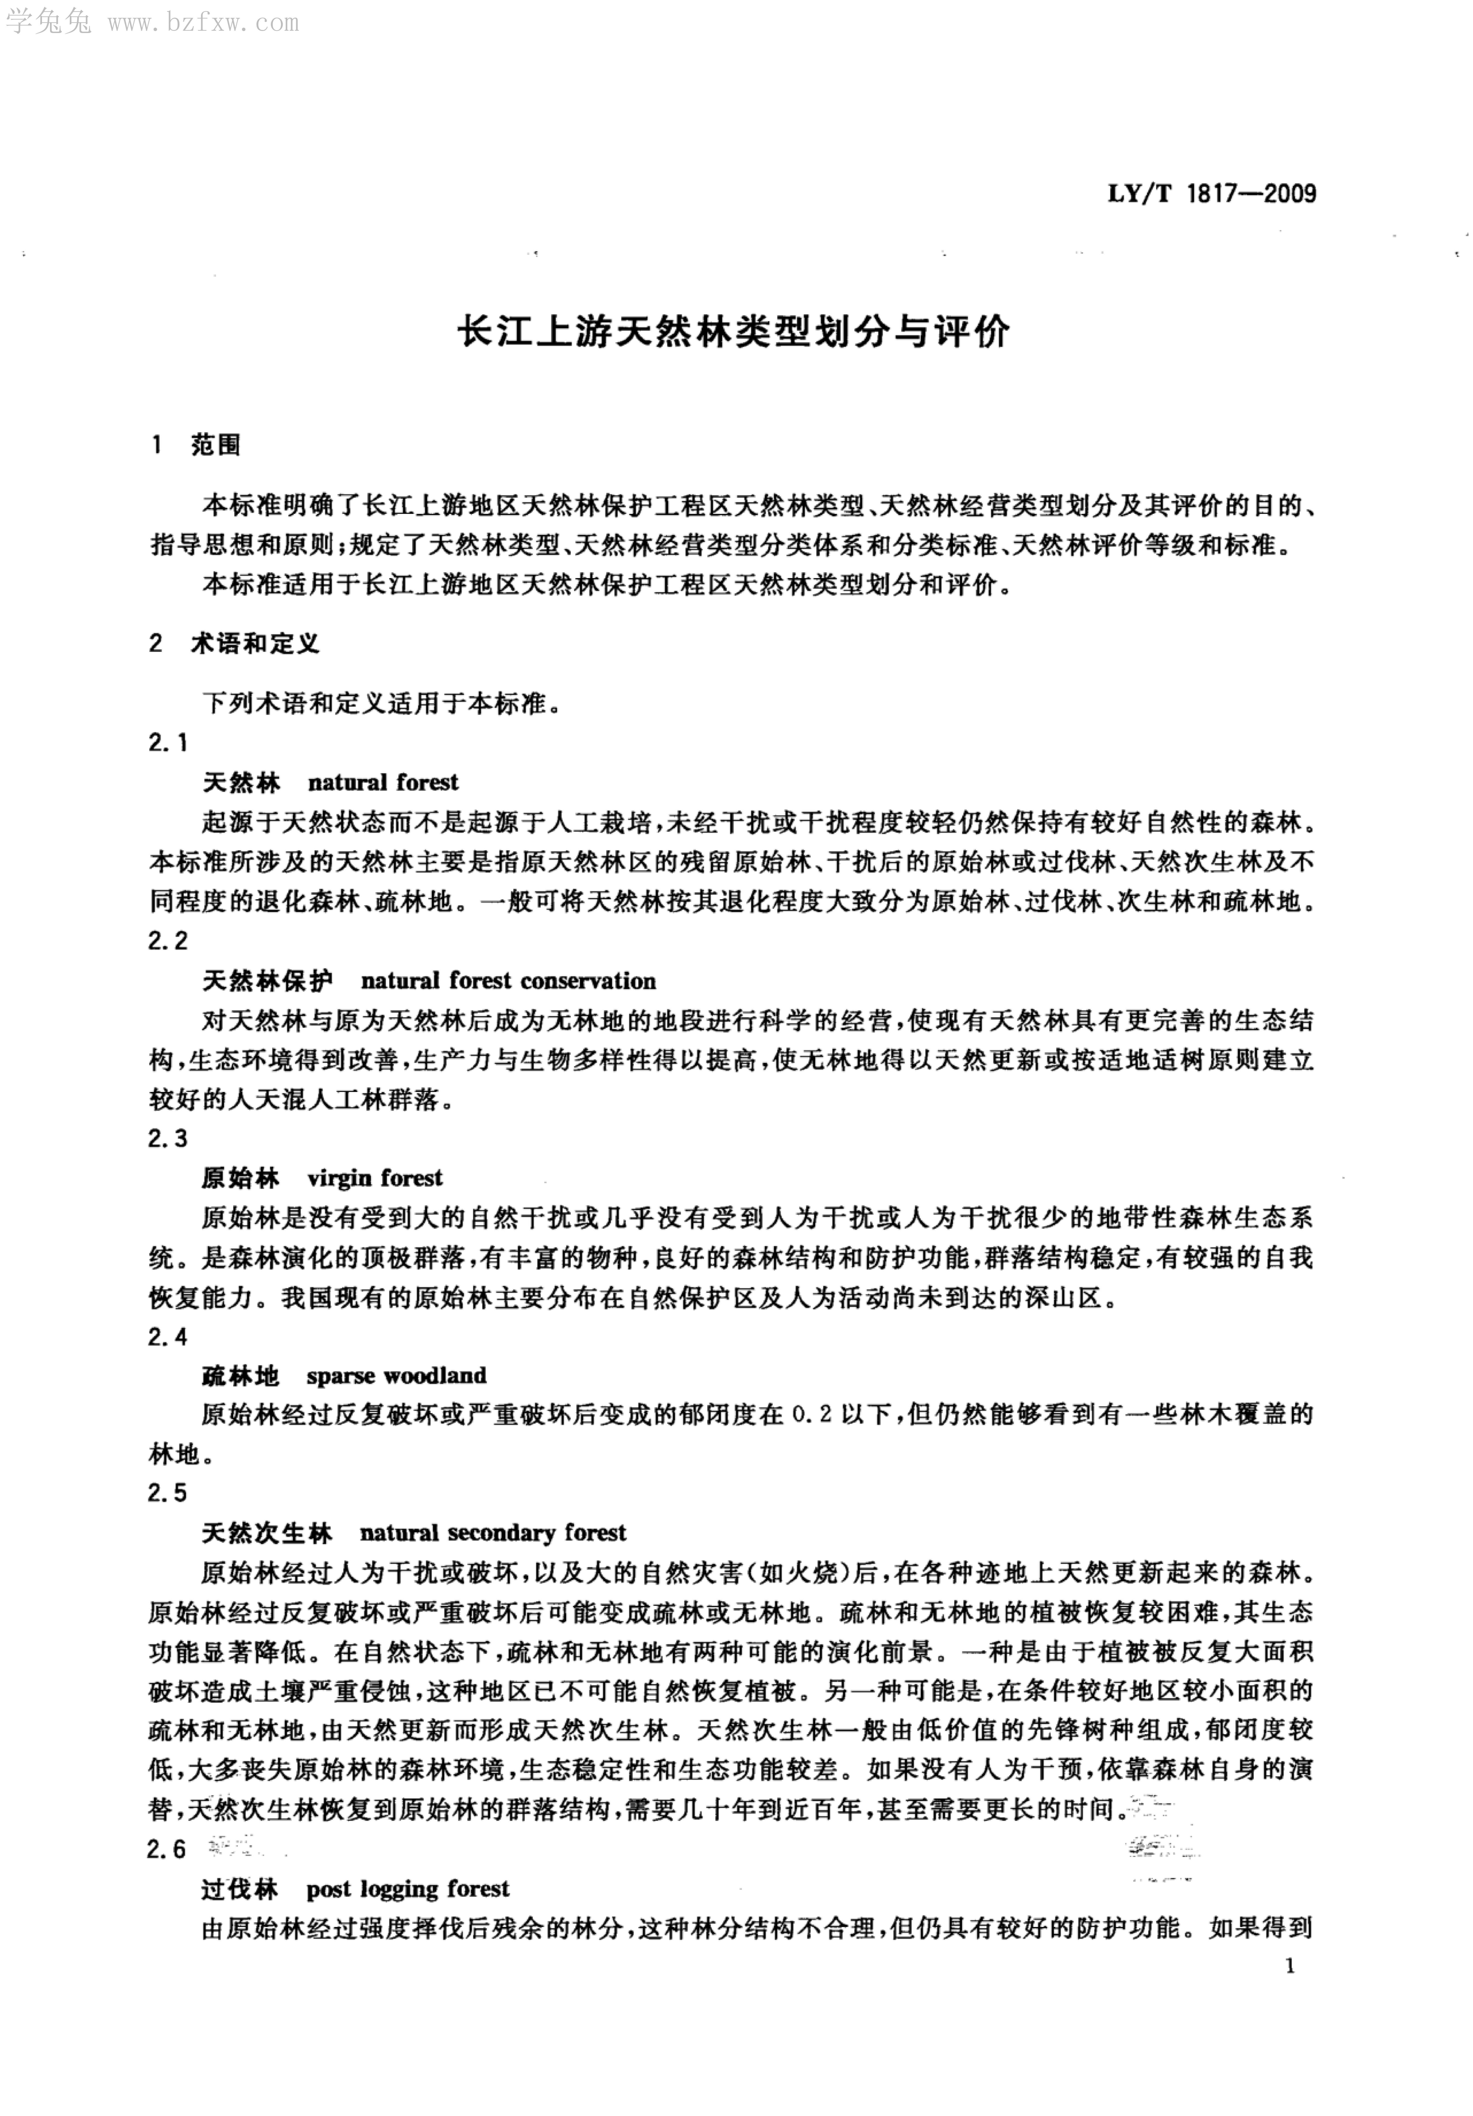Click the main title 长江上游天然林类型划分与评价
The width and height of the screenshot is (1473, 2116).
point(735,333)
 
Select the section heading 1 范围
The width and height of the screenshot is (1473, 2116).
point(196,446)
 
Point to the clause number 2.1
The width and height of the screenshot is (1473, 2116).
point(168,743)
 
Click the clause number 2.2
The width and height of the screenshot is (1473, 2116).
point(168,941)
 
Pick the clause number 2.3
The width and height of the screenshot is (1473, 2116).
point(168,1139)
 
